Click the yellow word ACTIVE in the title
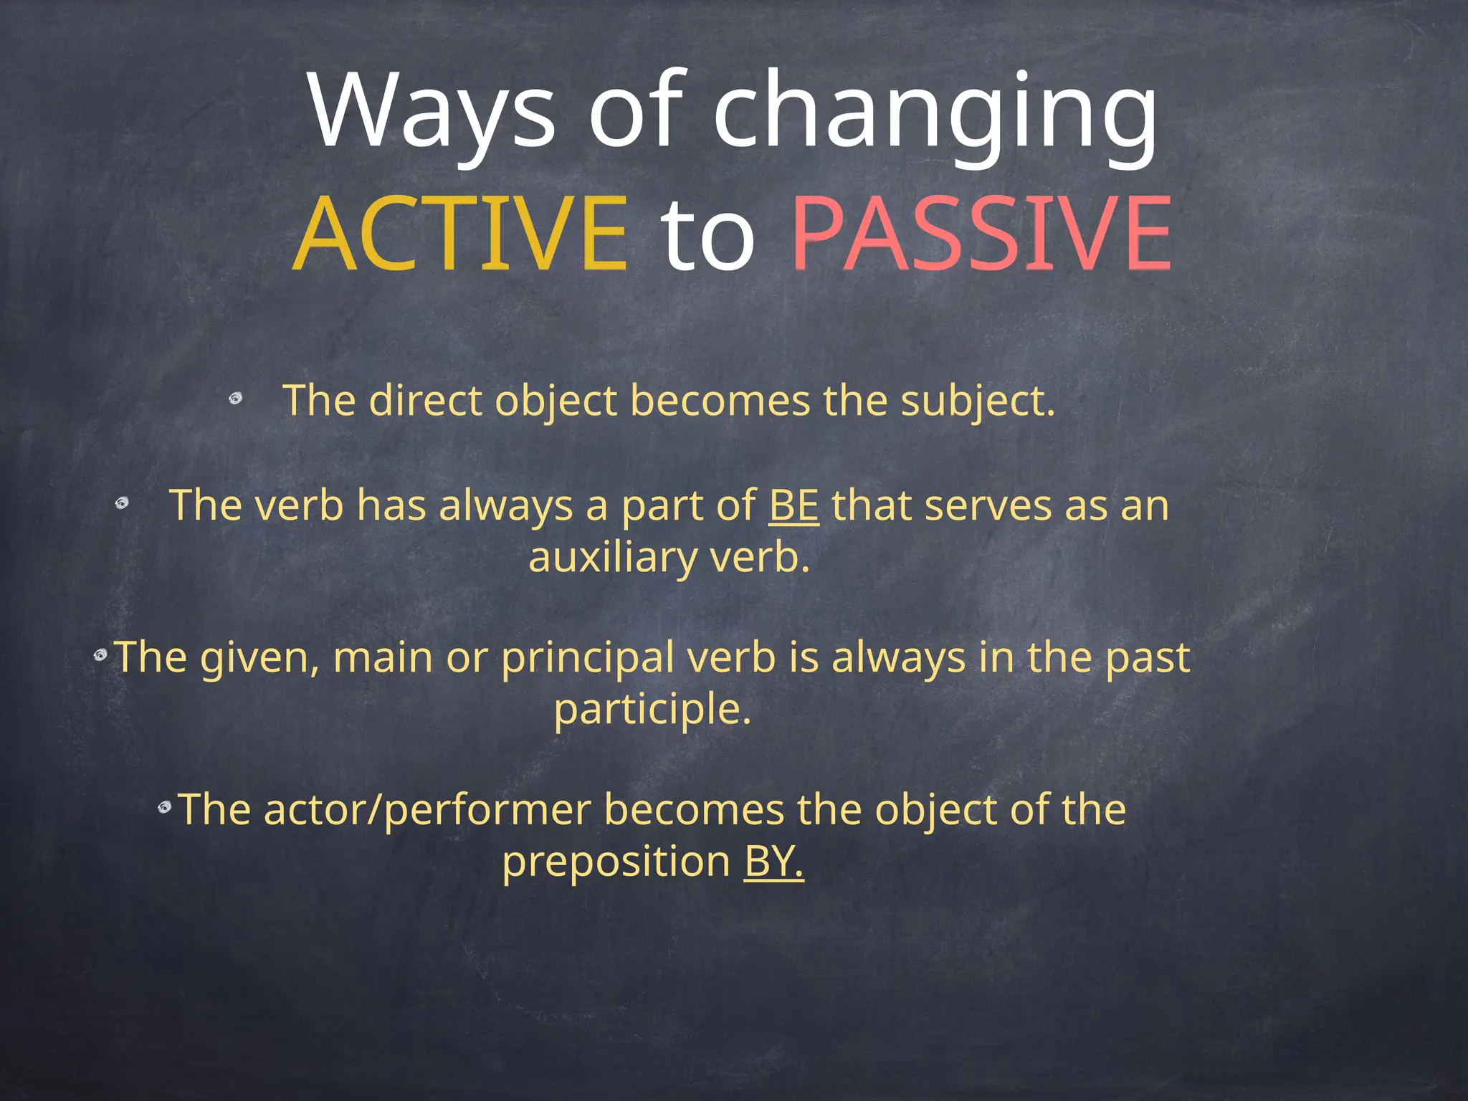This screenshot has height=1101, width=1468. tap(461, 234)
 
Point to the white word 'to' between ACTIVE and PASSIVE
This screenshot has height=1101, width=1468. tap(707, 237)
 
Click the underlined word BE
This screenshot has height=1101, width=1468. tap(793, 505)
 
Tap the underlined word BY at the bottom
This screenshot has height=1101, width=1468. tap(773, 861)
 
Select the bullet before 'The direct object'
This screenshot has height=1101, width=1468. tap(236, 399)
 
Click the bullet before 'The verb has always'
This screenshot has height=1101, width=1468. tap(122, 503)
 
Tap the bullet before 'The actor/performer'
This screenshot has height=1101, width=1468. tap(165, 809)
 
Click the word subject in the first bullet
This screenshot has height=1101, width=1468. tap(977, 401)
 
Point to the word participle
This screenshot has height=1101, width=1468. tap(652, 710)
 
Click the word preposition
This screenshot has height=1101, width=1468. tap(616, 862)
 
